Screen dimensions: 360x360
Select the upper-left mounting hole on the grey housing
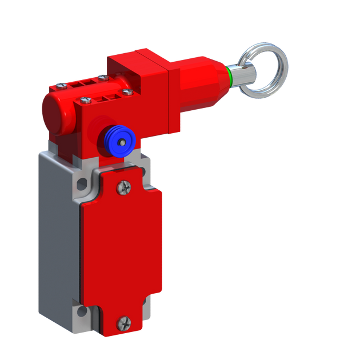82,184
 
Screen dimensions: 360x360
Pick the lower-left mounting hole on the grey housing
81,311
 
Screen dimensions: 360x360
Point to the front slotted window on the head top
108,98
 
